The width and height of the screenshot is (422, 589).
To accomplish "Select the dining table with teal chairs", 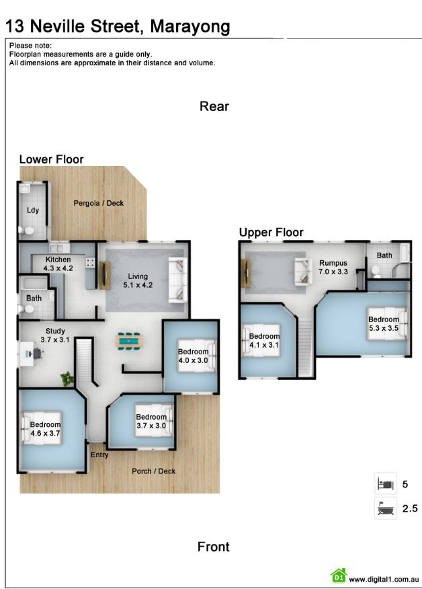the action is click(x=130, y=341).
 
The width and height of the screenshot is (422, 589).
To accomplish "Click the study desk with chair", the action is click(x=30, y=354).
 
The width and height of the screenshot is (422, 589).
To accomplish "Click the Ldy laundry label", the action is click(x=33, y=210).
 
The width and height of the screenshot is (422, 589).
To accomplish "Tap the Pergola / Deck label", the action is click(x=98, y=203).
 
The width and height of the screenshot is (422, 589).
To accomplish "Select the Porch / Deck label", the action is click(x=154, y=471).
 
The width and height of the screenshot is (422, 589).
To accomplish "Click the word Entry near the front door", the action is click(x=99, y=455).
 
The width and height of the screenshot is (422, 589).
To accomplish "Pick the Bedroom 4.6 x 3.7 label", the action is click(x=46, y=428).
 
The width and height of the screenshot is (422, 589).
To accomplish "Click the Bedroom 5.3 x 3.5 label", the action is click(x=383, y=324).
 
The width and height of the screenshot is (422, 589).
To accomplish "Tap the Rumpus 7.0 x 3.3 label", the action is click(x=333, y=267).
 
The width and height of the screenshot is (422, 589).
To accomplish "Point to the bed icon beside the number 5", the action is click(x=386, y=483).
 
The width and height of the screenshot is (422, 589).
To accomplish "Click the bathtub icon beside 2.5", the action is click(x=386, y=508).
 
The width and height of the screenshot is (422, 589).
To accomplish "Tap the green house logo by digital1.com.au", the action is click(x=339, y=575).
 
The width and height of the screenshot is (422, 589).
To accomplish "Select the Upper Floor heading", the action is click(x=271, y=233).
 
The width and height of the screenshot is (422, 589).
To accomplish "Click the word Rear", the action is click(x=214, y=106).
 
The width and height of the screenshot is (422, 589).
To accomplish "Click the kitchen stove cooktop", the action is click(x=90, y=263).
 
